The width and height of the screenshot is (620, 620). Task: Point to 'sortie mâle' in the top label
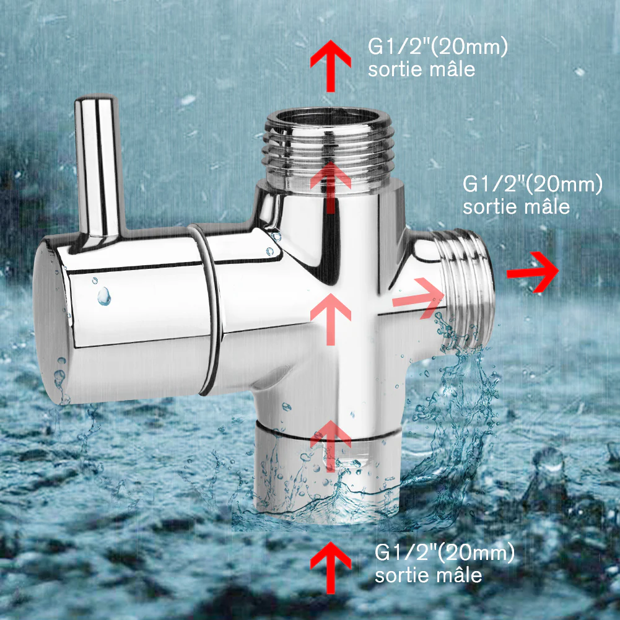tap(421, 69)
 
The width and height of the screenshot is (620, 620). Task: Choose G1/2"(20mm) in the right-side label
tap(533, 185)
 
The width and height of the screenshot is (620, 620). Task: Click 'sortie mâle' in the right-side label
tap(516, 206)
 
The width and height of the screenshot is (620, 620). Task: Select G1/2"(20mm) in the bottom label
tap(445, 552)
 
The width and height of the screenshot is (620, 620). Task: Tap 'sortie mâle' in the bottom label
tap(428, 575)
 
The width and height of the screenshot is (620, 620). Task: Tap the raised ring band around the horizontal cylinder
tap(207, 310)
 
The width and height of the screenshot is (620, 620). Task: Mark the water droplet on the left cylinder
tap(104, 295)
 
